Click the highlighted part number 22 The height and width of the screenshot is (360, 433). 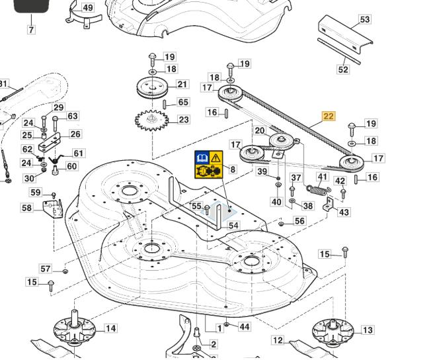(329, 116)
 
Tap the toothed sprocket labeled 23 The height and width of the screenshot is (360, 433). (151, 120)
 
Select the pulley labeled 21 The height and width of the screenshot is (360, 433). (152, 86)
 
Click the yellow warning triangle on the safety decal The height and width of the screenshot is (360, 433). (216, 157)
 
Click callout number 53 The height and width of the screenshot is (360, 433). (365, 20)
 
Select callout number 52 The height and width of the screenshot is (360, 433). (343, 69)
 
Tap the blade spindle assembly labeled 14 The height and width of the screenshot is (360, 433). (75, 328)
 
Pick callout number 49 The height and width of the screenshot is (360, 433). (88, 8)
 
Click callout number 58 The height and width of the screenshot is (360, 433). (26, 208)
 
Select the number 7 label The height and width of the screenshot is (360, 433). (30, 30)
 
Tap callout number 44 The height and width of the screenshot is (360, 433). (245, 327)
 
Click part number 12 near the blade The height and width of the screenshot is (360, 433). (278, 341)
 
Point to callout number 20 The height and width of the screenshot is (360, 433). (260, 131)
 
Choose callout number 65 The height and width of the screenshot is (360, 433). (183, 103)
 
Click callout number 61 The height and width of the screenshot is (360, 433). (79, 154)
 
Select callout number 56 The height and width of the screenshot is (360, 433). (299, 221)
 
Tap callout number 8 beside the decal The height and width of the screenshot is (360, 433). (233, 169)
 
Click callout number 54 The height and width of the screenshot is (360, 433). (233, 226)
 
